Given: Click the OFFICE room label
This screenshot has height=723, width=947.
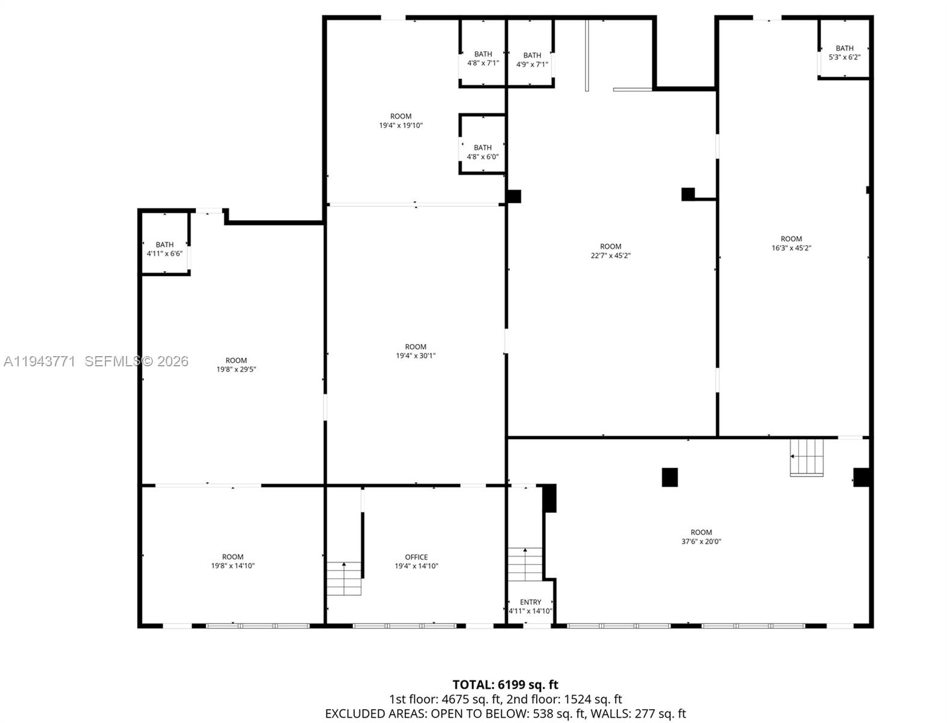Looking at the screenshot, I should (416, 557).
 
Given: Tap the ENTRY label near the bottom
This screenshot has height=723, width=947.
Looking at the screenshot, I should (530, 602).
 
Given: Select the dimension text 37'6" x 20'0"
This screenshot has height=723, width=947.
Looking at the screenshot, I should (701, 542).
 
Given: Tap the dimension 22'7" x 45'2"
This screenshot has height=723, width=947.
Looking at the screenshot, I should (610, 255).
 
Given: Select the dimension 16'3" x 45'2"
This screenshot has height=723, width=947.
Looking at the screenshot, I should (791, 248).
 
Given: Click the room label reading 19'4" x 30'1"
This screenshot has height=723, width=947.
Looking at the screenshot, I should (415, 355).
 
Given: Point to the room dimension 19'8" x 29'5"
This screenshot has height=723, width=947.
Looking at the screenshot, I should (236, 369).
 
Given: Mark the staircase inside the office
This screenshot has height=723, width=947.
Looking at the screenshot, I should (344, 578).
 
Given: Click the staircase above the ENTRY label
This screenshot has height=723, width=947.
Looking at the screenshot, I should (525, 565).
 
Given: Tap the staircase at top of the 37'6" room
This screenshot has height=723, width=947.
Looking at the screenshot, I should (807, 457).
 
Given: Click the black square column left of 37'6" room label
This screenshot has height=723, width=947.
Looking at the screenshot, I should (669, 477).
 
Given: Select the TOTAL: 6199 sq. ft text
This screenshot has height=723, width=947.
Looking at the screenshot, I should (505, 684).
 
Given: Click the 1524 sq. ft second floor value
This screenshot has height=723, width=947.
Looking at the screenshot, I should (593, 700).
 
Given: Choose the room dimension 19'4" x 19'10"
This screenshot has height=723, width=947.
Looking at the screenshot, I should (401, 125).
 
